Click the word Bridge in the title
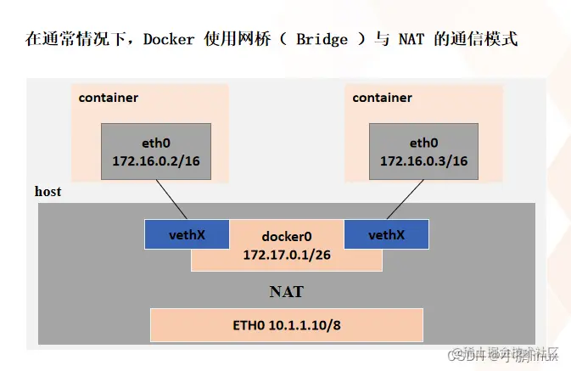[323, 40]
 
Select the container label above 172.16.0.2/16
[108, 98]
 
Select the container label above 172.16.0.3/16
[382, 98]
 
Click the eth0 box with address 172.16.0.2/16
[156, 151]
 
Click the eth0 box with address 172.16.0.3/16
[423, 151]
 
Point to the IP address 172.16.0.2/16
[156, 161]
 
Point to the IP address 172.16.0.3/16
[423, 161]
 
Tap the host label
[48, 192]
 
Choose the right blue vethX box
[385, 234]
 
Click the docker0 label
[287, 237]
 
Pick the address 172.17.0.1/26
[287, 254]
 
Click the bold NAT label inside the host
[286, 292]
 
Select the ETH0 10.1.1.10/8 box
[286, 325]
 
